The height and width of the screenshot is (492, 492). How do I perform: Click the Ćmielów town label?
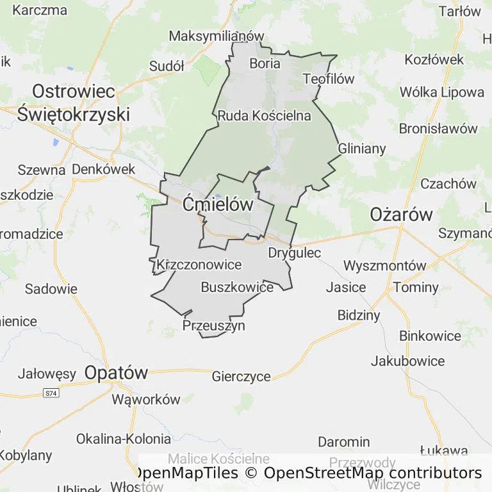218,205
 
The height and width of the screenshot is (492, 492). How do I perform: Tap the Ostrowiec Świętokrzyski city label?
74,103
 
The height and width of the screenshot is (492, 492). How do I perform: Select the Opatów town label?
116,373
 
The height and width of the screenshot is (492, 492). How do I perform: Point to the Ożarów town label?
402,215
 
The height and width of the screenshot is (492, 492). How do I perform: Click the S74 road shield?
51,393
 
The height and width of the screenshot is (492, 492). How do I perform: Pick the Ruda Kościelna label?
264,116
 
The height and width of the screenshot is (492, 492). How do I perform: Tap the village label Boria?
265,63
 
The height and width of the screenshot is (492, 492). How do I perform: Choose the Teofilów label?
329,79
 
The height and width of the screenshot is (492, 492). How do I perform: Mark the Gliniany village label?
362,149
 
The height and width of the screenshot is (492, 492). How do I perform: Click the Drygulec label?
294,253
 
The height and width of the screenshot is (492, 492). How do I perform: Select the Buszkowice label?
237,287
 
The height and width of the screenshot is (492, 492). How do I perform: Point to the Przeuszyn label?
214,325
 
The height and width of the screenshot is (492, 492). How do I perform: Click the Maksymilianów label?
217,36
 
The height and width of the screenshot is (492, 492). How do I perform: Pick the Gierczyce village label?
241,377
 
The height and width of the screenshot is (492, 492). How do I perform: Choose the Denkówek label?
104,169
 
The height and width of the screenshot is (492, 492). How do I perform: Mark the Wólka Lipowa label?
442,92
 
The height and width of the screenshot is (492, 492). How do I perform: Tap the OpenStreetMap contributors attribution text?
373,473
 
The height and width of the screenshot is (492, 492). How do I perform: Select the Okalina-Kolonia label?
124,439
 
